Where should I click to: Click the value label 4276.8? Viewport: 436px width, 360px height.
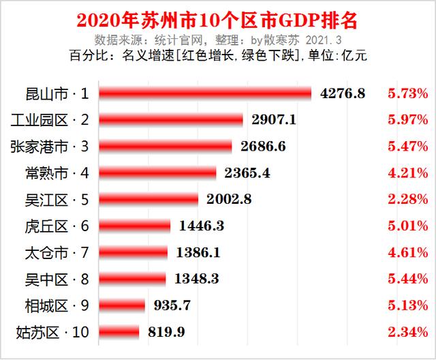point(343,93)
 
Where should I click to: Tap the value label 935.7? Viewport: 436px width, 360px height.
point(168,305)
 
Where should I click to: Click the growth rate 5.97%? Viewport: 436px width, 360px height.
point(407,119)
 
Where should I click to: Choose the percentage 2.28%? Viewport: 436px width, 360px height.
point(407,199)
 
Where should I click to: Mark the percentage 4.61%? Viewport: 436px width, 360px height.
point(407,252)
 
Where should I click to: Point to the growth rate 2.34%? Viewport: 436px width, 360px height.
point(407,332)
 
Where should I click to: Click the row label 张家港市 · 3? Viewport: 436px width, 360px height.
point(50,146)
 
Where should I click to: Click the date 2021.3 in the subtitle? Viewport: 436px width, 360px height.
point(332,40)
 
